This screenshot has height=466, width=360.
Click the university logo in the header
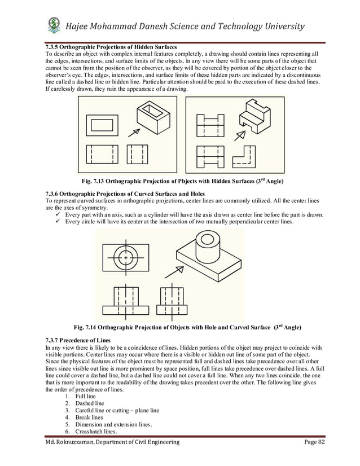point(54,25)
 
